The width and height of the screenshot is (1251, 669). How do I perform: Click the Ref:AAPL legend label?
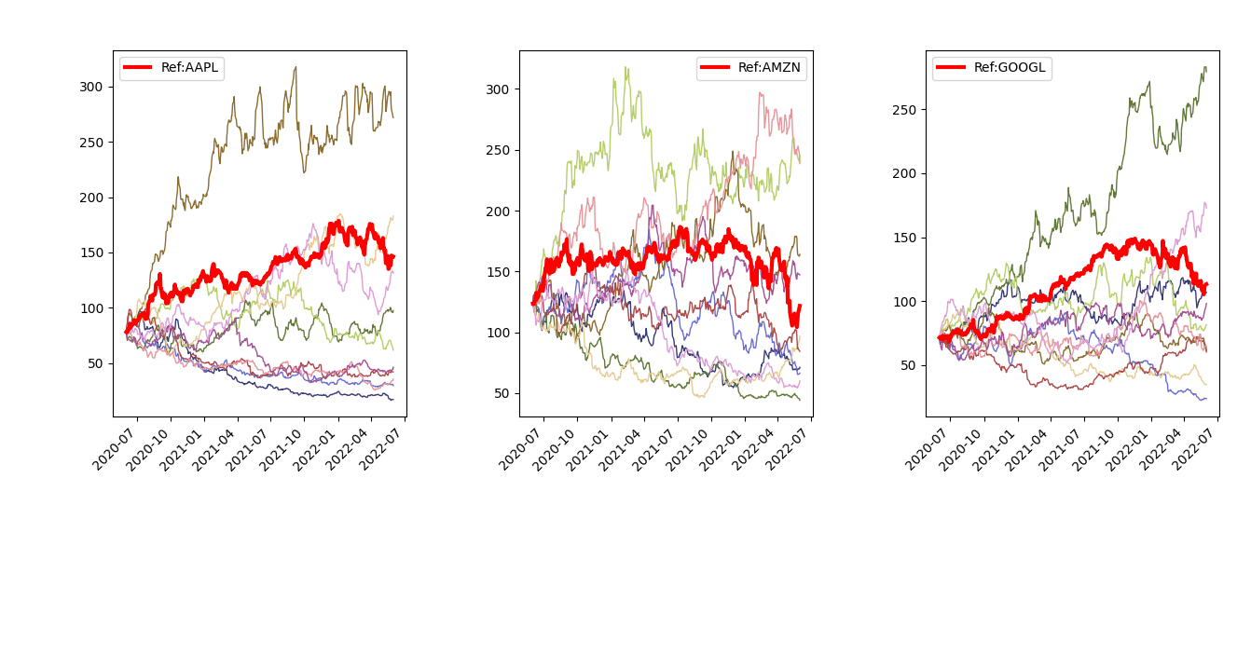(189, 68)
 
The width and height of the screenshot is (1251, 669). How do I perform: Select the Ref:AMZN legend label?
(769, 68)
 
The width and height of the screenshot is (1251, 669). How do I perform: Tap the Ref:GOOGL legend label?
(1010, 68)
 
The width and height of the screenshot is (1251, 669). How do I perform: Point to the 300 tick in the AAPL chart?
(91, 87)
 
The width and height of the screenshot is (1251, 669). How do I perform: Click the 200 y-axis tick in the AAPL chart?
(91, 198)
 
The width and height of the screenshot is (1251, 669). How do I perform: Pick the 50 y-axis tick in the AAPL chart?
(95, 363)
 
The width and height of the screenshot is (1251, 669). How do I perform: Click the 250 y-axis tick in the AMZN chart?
(498, 150)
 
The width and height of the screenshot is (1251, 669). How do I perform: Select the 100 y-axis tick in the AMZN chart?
(498, 333)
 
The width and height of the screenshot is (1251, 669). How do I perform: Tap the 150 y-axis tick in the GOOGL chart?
(904, 238)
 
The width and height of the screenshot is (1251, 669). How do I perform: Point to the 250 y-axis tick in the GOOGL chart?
(904, 110)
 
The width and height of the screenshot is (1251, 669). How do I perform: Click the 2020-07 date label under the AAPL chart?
(115, 449)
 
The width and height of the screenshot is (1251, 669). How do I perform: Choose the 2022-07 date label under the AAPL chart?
(381, 449)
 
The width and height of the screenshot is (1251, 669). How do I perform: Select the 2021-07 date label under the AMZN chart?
(654, 449)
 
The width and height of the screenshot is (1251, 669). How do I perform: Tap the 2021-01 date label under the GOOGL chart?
(994, 449)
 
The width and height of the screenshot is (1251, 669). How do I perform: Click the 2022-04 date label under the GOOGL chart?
(1161, 449)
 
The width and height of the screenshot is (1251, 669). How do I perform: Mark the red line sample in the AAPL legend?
(137, 68)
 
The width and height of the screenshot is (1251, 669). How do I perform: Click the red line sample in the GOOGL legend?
(951, 68)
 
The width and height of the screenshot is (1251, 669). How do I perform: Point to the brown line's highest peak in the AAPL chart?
(296, 67)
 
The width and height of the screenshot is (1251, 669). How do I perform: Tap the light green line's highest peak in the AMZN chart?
(626, 68)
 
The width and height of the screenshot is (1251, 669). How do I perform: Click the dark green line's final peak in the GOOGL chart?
(1204, 68)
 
